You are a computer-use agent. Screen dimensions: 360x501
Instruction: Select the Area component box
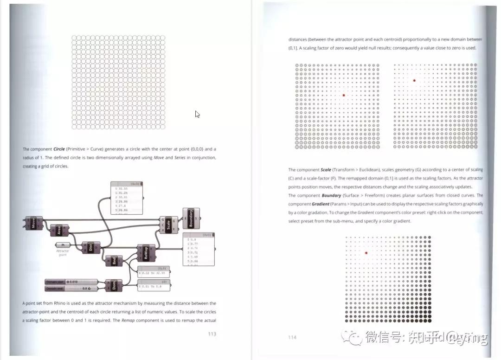(x=59, y=230)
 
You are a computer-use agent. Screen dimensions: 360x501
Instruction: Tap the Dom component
(x=114, y=285)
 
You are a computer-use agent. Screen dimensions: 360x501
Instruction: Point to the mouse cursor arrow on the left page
(x=197, y=114)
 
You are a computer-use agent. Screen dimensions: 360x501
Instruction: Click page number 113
(x=212, y=334)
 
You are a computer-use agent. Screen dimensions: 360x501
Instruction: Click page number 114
(x=292, y=337)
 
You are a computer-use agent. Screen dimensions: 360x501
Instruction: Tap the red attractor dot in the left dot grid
(x=344, y=95)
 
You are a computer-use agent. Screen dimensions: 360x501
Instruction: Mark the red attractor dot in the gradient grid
(x=366, y=253)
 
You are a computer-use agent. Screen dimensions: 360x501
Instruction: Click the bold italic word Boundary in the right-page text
(x=332, y=196)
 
